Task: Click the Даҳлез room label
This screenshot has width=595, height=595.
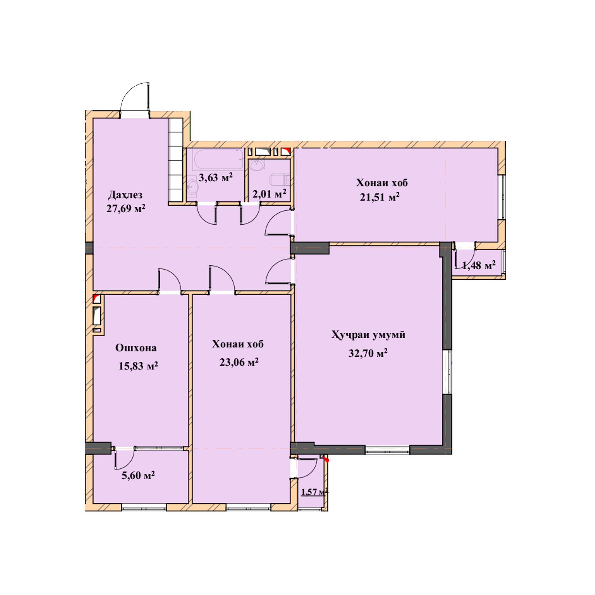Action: pos(125,195)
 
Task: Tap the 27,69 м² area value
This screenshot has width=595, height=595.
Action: pos(126,209)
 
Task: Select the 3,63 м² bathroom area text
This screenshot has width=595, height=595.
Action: pos(215,177)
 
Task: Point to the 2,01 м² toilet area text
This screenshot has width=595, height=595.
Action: pos(270,194)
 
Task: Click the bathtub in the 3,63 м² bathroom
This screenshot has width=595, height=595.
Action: pos(218,159)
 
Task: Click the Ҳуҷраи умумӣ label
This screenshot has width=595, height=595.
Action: pos(368,335)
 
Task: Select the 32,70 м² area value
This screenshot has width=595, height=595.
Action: pos(368,353)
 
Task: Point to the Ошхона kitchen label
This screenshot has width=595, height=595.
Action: pos(136,348)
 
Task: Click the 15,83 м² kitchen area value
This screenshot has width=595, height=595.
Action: pos(138,366)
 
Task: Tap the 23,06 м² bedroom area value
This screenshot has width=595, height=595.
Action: pos(239,362)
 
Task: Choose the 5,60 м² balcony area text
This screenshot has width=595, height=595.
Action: pos(138,475)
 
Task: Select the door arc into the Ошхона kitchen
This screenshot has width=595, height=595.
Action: pos(174,275)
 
